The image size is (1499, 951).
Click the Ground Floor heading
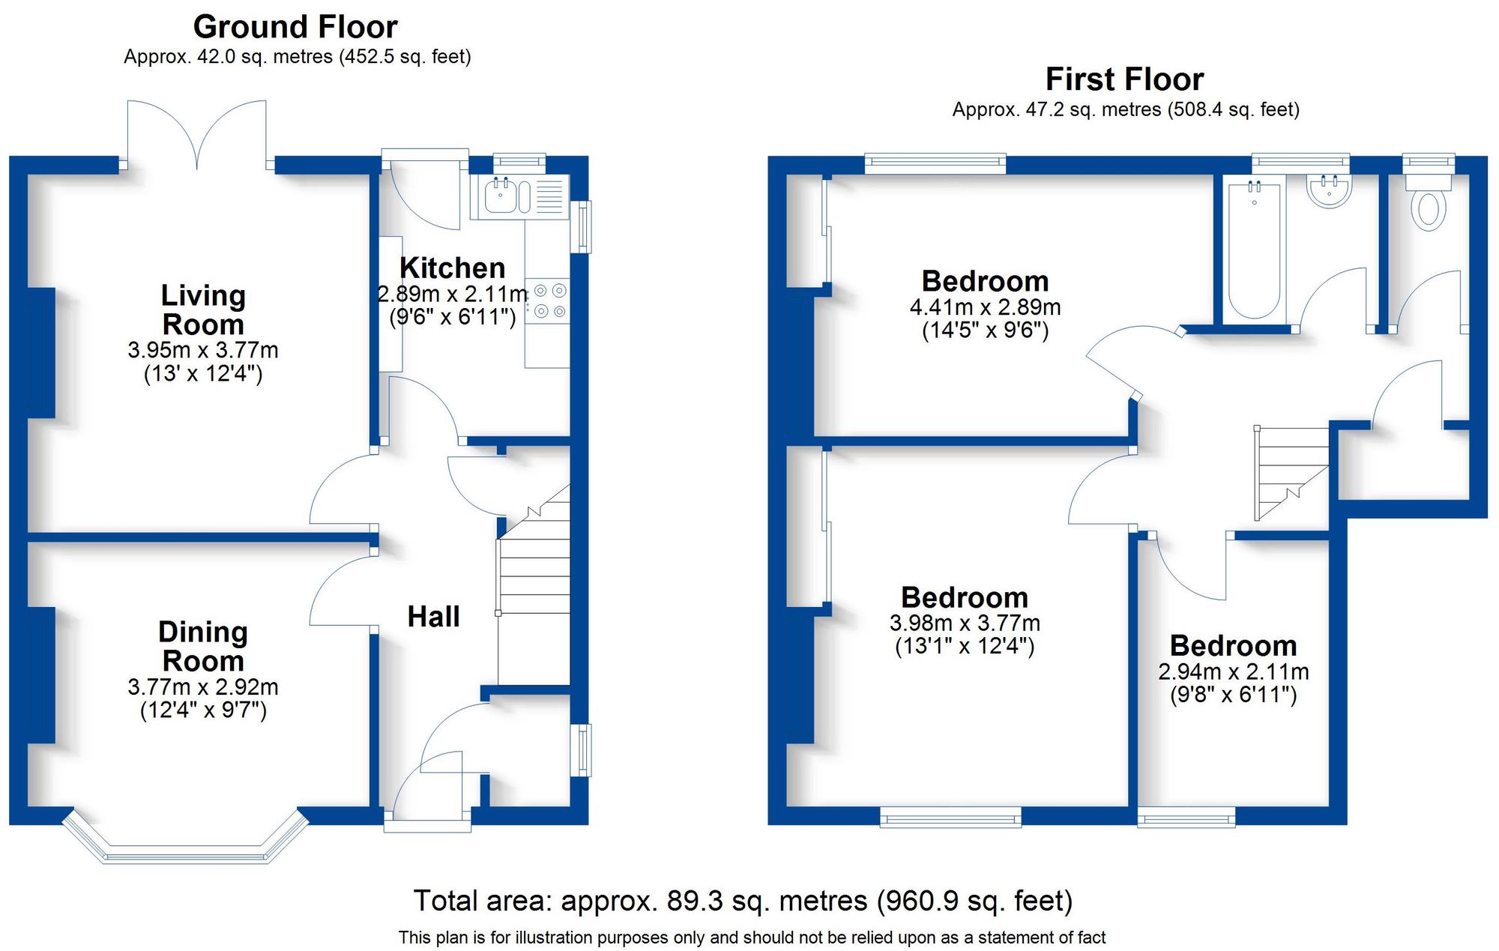(295, 27)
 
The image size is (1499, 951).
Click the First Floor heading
(1124, 79)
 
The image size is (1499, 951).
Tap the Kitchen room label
(452, 268)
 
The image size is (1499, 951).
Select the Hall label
(433, 617)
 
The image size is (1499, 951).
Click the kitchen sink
(501, 196)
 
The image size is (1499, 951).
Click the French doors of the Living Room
(197, 135)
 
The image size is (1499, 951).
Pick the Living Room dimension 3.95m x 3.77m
(202, 350)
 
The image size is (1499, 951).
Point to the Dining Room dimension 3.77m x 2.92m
(202, 686)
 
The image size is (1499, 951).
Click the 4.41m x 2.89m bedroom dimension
(985, 307)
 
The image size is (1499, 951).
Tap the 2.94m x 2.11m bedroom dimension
(1233, 671)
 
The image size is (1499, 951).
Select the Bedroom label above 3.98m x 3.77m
(965, 597)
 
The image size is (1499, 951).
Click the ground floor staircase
(534, 592)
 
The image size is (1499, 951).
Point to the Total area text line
(743, 900)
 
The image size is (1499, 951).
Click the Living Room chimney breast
(41, 352)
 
